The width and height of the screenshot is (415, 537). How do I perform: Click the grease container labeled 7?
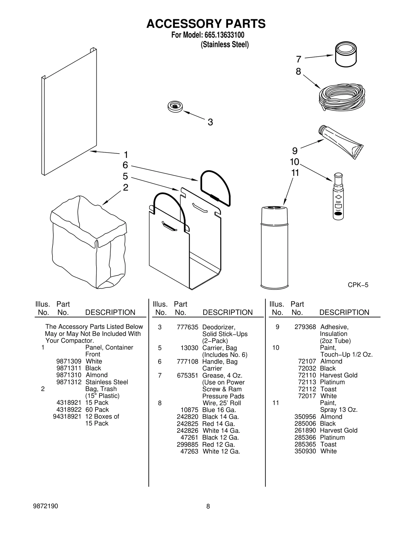tap(346, 54)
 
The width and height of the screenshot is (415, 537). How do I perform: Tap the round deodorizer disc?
tap(175, 106)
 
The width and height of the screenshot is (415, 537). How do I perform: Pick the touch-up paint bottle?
tap(338, 197)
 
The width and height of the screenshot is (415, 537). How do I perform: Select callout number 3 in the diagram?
tap(210, 122)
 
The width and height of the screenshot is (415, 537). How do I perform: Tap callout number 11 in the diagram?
tap(295, 173)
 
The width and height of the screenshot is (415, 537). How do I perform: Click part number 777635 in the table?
tap(187, 327)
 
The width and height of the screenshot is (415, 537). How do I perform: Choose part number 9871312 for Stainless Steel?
tap(69, 382)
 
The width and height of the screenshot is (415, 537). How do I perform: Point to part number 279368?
tap(305, 327)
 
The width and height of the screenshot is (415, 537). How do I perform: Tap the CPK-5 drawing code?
tap(358, 285)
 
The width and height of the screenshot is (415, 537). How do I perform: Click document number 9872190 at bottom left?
tap(45, 506)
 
